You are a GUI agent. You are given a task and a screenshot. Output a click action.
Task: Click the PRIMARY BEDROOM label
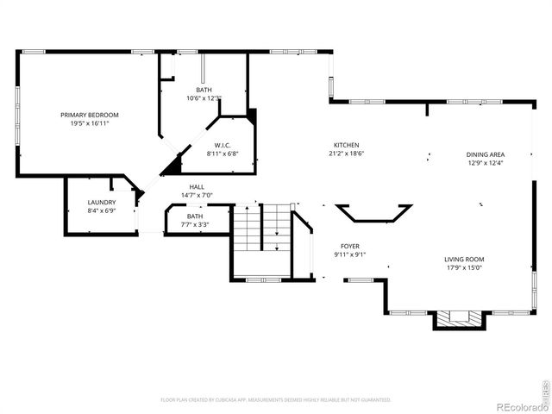pyautogui.click(x=90, y=115)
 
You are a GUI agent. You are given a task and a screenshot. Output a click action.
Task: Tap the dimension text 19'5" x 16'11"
pyautogui.click(x=90, y=123)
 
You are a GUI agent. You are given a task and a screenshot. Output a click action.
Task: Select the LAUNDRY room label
pyautogui.click(x=101, y=202)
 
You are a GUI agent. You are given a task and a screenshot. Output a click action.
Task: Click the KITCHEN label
pyautogui.click(x=347, y=145)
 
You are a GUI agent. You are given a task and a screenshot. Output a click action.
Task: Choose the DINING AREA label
pyautogui.click(x=486, y=154)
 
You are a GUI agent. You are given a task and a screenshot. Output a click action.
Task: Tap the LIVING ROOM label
pyautogui.click(x=464, y=259)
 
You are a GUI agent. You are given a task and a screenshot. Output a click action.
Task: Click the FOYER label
pyautogui.click(x=349, y=246)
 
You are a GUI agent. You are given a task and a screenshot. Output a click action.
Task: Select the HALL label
pyautogui.click(x=198, y=186)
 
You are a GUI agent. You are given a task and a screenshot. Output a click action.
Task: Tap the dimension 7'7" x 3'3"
pyautogui.click(x=194, y=224)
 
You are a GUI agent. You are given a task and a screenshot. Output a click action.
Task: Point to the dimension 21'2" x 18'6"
pyautogui.click(x=347, y=154)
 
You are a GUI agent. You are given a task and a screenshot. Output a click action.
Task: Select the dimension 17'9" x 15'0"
pyautogui.click(x=464, y=267)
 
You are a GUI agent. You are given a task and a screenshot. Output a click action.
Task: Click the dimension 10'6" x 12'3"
pyautogui.click(x=204, y=97)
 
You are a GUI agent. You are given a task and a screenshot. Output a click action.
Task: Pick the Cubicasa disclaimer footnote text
pyautogui.click(x=276, y=400)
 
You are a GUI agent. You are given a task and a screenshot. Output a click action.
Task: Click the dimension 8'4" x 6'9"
pyautogui.click(x=101, y=210)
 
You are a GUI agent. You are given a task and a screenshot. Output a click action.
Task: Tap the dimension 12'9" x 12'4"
pyautogui.click(x=486, y=162)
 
